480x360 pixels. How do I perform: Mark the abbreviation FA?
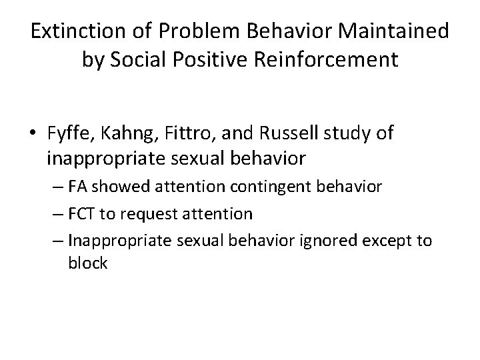[x=77, y=187]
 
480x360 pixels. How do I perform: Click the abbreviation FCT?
[x=81, y=213]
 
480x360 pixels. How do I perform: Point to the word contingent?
[x=256, y=187]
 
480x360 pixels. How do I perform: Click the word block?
[x=87, y=263]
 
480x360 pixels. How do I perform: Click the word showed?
[x=113, y=187]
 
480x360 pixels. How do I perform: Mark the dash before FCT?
[x=56, y=214]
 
